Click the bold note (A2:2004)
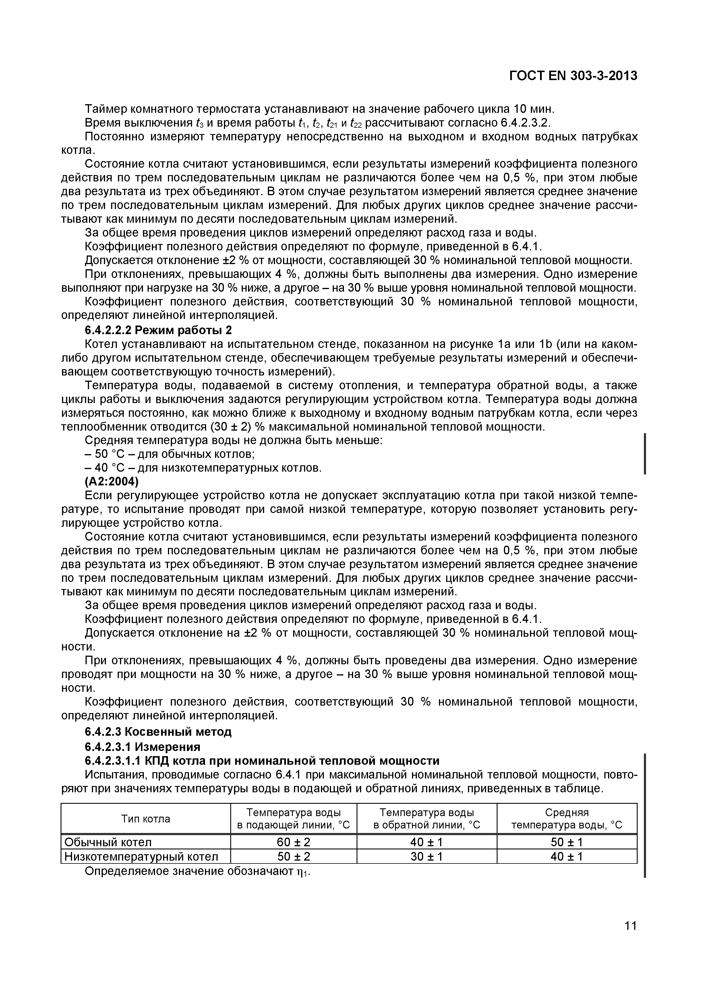(111, 482)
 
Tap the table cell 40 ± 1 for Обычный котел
(426, 842)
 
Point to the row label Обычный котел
(108, 842)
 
